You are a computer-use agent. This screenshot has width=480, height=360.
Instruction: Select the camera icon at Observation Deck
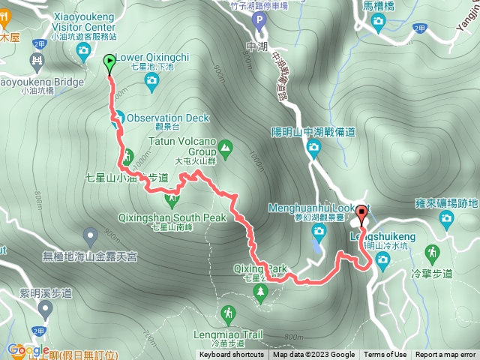pos(118,118)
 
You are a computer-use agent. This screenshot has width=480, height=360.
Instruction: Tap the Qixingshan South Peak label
pos(172,217)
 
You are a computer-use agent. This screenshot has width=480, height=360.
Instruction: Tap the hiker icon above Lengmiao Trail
pos(227,313)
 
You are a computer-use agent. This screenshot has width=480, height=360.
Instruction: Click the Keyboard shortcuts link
pos(231,355)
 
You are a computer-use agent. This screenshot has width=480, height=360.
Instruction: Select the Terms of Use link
pos(385,355)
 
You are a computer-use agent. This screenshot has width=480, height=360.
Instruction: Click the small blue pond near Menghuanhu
pos(317,244)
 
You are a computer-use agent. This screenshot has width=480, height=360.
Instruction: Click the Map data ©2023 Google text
pos(313,355)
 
